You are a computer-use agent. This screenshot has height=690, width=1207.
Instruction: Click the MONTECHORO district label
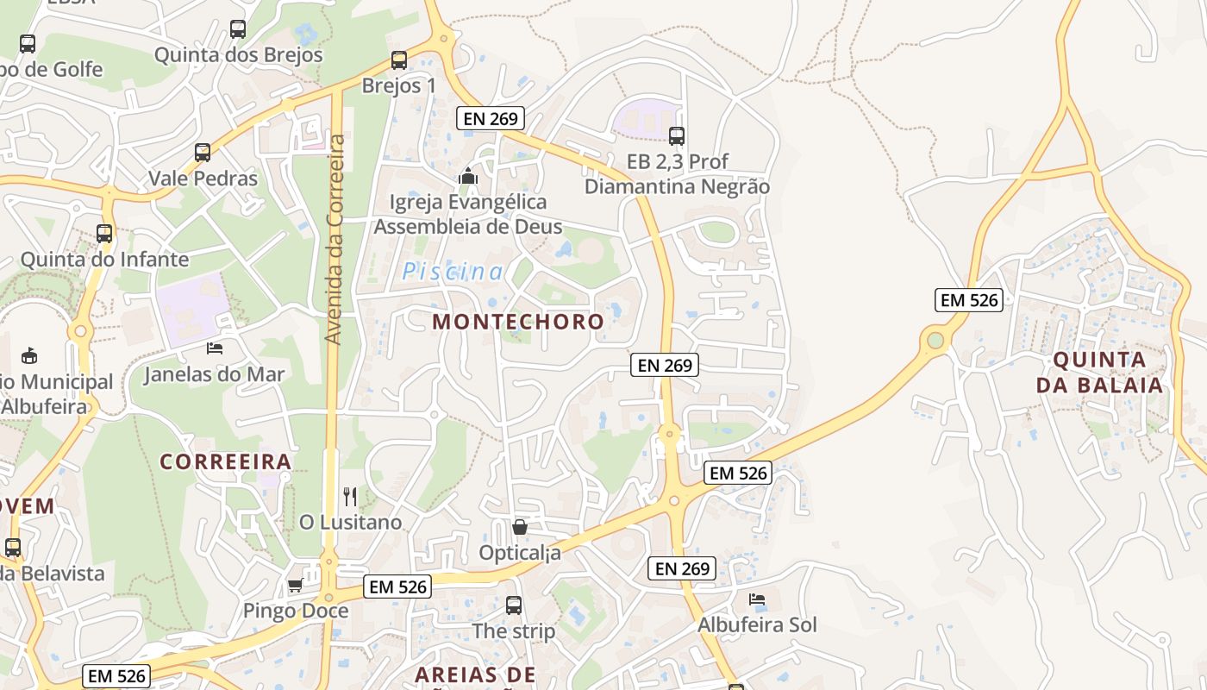pyautogui.click(x=518, y=322)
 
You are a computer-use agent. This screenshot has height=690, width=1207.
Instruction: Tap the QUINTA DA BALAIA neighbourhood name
pyautogui.click(x=1100, y=372)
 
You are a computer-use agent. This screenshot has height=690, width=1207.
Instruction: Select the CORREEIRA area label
pyautogui.click(x=226, y=461)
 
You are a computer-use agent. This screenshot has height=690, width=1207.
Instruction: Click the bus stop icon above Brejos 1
pyautogui.click(x=398, y=60)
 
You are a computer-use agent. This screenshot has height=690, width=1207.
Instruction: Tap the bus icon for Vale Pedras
pyautogui.click(x=203, y=153)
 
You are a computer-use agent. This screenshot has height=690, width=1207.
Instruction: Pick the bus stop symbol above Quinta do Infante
pyautogui.click(x=104, y=233)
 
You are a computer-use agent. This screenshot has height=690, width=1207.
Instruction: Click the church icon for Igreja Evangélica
pyautogui.click(x=468, y=176)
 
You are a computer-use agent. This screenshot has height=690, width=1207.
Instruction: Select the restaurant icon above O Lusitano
pyautogui.click(x=350, y=496)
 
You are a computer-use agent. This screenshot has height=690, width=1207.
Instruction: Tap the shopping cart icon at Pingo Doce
pyautogui.click(x=295, y=586)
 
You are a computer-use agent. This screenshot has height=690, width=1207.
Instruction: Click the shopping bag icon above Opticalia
pyautogui.click(x=520, y=526)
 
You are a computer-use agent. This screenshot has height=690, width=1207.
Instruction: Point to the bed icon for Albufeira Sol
pyautogui.click(x=757, y=599)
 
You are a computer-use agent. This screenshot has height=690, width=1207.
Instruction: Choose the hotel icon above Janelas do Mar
pyautogui.click(x=215, y=348)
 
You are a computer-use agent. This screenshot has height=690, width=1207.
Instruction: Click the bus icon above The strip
pyautogui.click(x=514, y=605)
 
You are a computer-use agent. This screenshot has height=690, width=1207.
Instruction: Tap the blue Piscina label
pyautogui.click(x=453, y=273)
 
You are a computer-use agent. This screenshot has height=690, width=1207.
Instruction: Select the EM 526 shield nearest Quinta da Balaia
pyautogui.click(x=969, y=300)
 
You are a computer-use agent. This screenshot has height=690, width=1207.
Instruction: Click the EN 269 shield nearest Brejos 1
pyautogui.click(x=491, y=119)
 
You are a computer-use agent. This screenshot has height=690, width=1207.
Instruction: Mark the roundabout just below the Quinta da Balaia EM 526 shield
pyautogui.click(x=935, y=341)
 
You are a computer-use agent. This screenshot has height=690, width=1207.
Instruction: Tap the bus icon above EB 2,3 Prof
pyautogui.click(x=677, y=135)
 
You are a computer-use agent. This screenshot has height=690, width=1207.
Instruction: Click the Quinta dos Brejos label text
pyautogui.click(x=238, y=55)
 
